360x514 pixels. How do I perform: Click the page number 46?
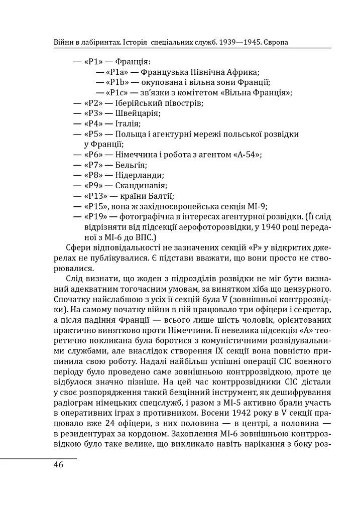click(x=58, y=464)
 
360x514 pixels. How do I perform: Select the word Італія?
click(x=128, y=123)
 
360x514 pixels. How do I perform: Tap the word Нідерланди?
click(x=140, y=175)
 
